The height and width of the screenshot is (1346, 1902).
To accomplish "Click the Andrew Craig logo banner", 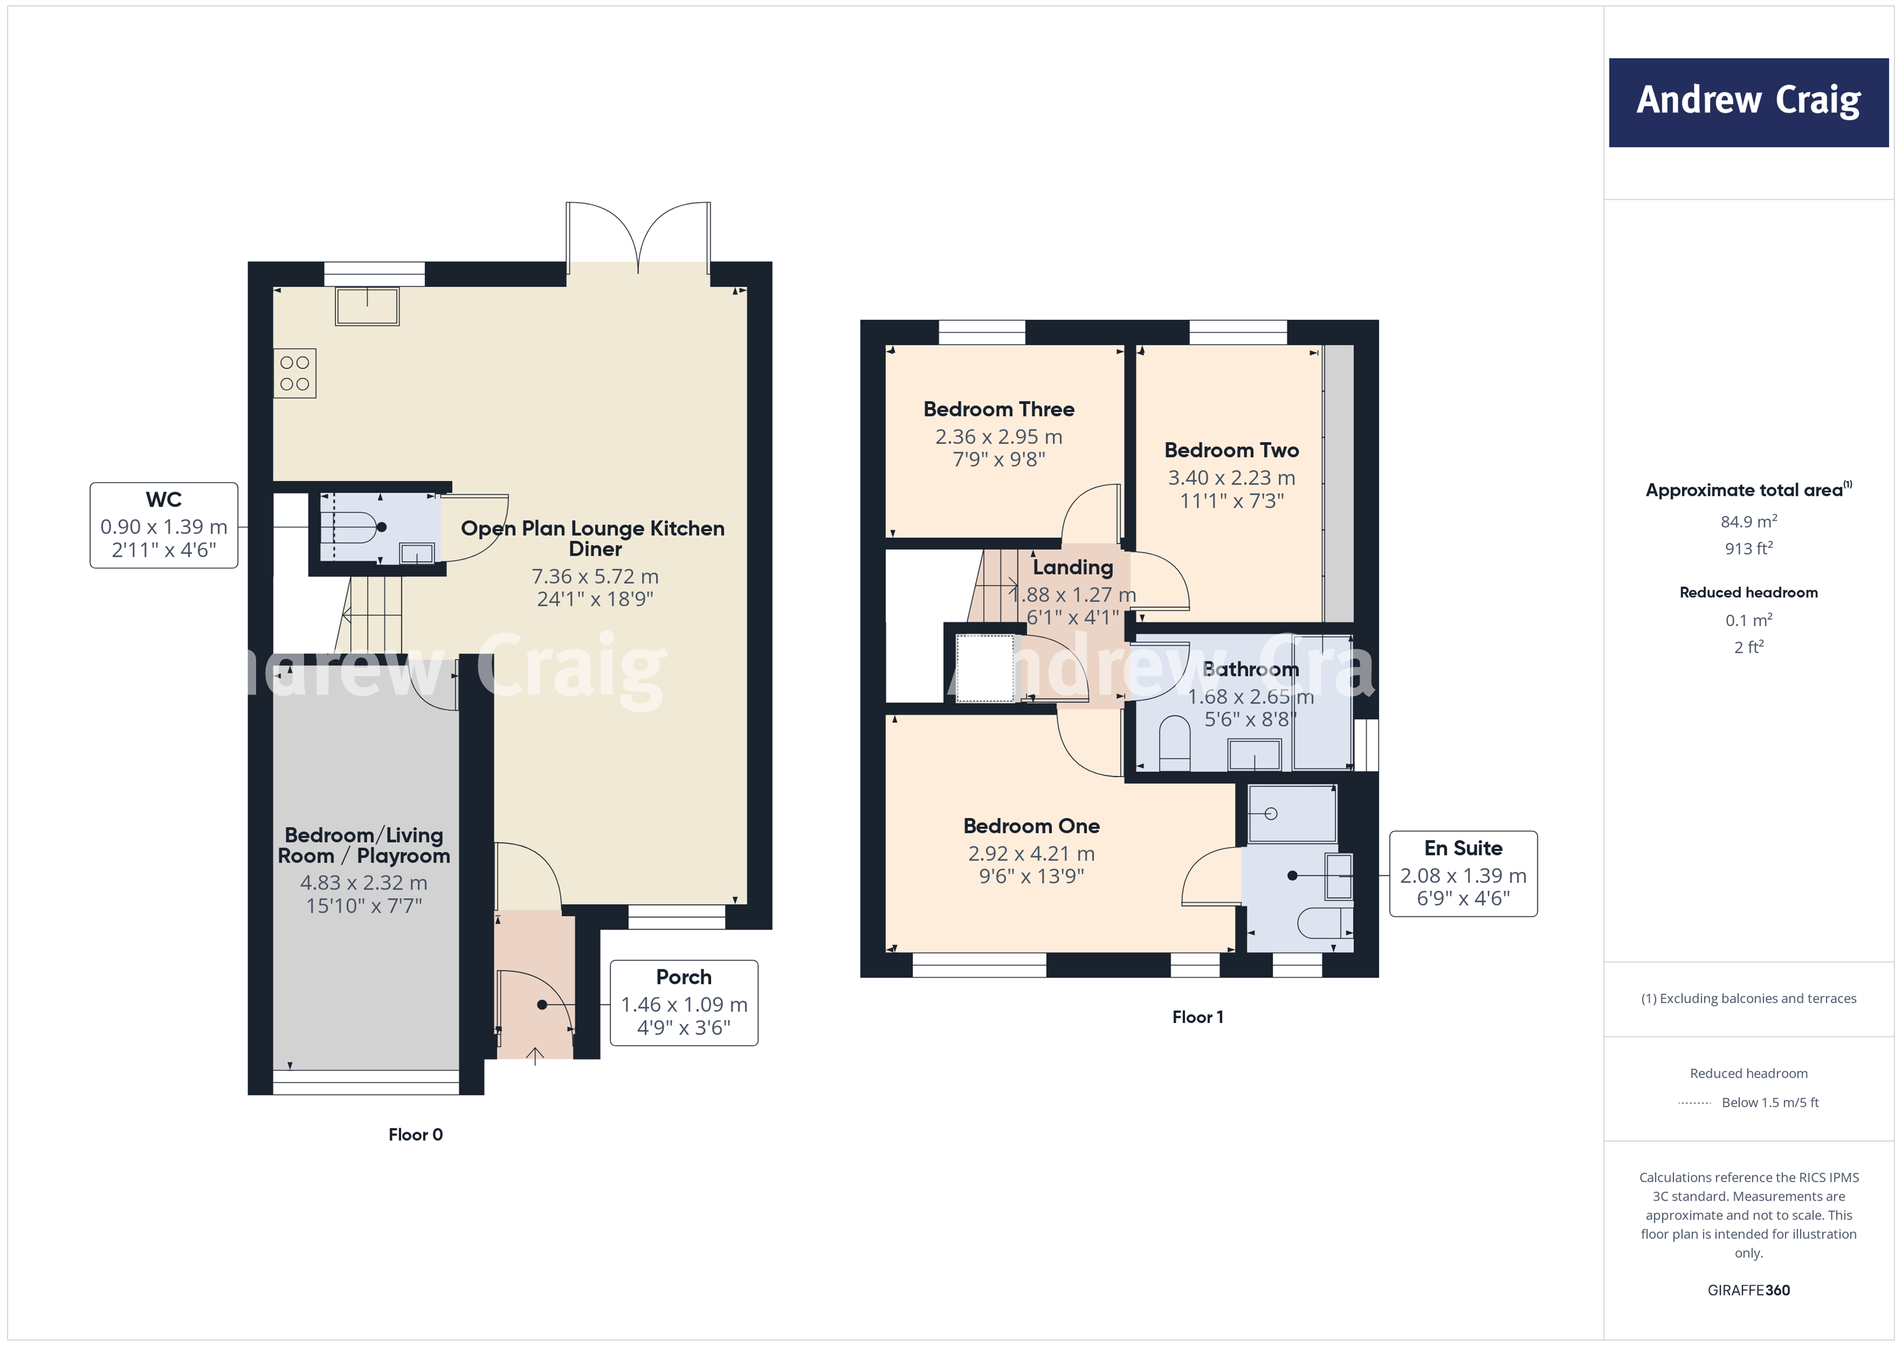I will tap(1748, 103).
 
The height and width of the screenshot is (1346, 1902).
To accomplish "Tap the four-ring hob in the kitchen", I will tap(295, 373).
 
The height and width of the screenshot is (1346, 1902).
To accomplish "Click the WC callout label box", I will tap(164, 525).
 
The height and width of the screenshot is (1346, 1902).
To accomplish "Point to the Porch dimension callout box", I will tap(684, 1003).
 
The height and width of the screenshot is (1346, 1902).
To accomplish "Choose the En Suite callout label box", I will tap(1463, 874).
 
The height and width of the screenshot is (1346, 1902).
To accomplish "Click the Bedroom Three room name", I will tap(998, 409).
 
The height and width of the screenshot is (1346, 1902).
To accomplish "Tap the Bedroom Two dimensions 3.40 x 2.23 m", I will tap(1231, 478).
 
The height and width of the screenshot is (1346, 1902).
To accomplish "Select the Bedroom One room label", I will tap(1031, 826).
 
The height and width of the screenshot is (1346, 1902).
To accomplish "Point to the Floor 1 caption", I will tap(1197, 1017).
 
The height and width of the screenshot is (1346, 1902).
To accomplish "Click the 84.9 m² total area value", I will tap(1748, 521).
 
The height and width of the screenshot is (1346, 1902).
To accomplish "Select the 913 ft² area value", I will tap(1748, 548).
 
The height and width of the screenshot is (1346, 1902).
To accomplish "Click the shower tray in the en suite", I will tap(1292, 814).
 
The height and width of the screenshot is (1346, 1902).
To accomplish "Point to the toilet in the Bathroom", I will tap(1172, 739).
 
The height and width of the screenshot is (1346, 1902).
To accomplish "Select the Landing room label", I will tap(1073, 567).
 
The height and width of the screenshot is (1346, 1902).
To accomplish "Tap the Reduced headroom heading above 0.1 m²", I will tap(1748, 593).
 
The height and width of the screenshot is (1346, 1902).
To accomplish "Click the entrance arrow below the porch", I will tap(535, 1056).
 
